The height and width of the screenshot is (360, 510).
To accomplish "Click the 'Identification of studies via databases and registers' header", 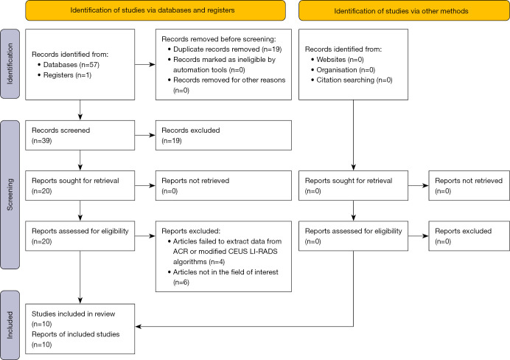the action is point(156,10).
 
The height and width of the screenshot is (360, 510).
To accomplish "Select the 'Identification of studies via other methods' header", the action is point(404,11).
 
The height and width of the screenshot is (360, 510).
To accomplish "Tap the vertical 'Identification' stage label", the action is point(10,63).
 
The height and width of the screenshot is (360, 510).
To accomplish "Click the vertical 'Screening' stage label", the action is point(10,194).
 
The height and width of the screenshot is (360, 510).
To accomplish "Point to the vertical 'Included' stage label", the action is point(10,325).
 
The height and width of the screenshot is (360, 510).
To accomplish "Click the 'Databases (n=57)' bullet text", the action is point(71,64).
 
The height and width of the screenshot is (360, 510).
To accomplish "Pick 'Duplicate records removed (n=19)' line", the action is point(227,49).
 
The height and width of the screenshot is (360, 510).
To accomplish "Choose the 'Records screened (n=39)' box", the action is point(80,136).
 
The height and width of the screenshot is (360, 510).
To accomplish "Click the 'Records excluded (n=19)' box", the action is point(223,136).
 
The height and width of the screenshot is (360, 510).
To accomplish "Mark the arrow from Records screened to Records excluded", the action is point(145,135).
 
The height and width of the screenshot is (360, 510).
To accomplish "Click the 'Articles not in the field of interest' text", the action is point(226,271).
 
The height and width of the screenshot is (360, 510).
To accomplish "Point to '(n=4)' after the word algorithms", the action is point(217,262).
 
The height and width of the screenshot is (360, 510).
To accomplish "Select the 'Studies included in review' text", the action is point(73,314).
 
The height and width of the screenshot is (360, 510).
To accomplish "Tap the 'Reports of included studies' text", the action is point(75,334).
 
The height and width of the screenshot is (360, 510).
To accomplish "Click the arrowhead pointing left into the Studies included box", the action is point(139,326).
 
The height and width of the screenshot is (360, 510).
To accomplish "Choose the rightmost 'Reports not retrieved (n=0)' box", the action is point(469,186).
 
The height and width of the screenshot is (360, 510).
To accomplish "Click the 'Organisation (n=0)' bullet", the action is point(346,69).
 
